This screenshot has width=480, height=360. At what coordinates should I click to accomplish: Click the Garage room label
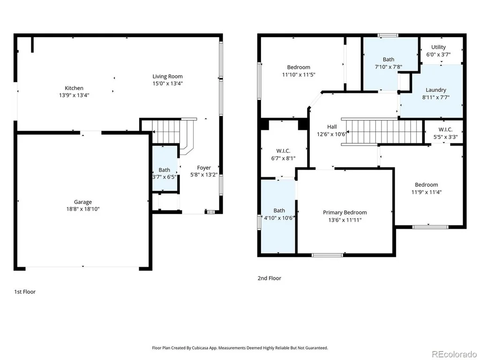coord(82,202)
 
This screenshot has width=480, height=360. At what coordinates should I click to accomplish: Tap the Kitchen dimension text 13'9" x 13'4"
coord(74,95)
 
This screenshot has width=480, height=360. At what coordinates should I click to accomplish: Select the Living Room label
coord(167,76)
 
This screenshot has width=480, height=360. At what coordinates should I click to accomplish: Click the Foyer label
coord(204,168)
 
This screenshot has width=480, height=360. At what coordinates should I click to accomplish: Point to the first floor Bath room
coord(165,168)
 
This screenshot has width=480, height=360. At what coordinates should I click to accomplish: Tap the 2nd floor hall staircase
coord(382,132)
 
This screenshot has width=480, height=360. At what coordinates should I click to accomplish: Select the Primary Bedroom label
coord(345,212)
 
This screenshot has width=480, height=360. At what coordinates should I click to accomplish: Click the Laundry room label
coord(435,90)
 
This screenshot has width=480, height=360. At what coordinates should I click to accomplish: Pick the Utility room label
coord(438,47)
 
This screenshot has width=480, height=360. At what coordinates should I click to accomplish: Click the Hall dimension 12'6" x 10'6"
coord(332,134)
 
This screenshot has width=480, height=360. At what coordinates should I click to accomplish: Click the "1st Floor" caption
coord(25,292)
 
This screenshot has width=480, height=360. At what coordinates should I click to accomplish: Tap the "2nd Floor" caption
coord(270,278)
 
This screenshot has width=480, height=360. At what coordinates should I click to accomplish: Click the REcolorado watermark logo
coord(454,354)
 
